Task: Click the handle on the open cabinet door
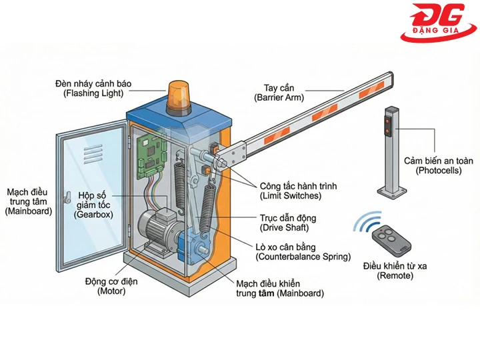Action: [67, 197]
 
